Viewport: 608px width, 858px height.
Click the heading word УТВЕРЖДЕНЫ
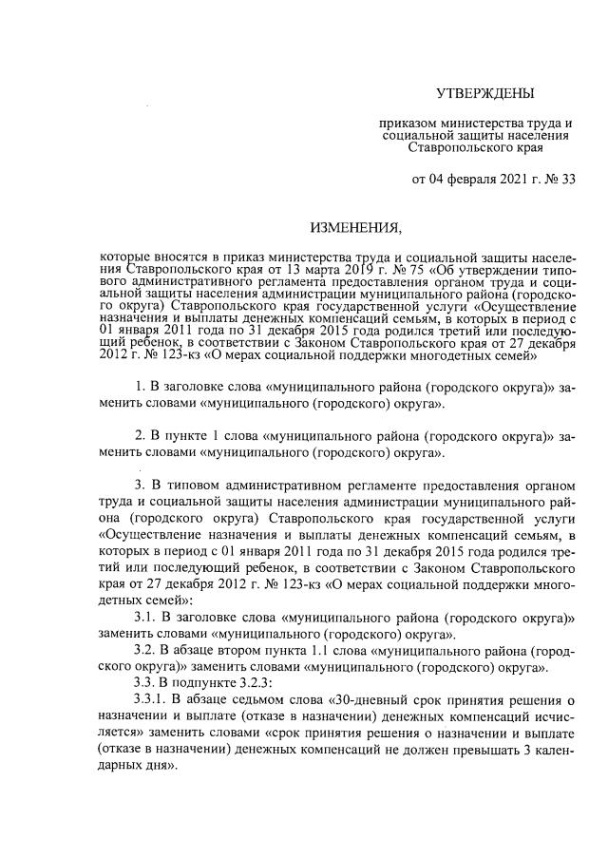(x=484, y=93)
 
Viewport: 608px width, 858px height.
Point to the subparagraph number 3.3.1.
(x=150, y=701)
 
